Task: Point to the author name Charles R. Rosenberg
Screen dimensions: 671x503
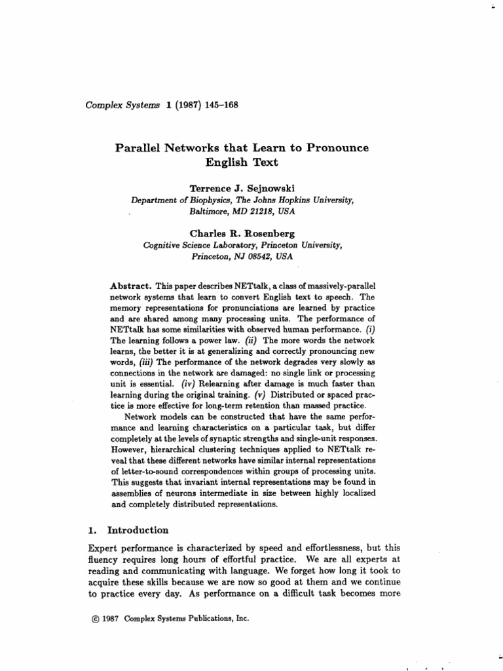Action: coord(242,233)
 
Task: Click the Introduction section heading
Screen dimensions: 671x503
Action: coord(138,530)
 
